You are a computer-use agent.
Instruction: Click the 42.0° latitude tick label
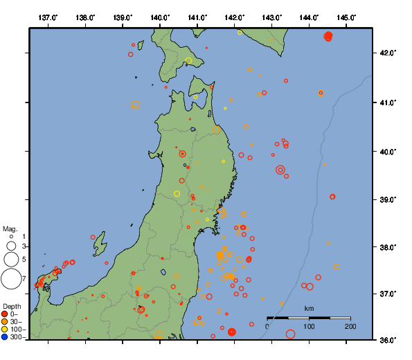pos(388,53)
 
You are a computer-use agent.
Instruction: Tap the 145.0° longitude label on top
pos(347,17)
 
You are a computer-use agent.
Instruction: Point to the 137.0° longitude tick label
pos(48,17)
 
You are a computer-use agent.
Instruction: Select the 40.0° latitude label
pos(388,151)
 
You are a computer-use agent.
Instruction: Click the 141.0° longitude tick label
pos(197,17)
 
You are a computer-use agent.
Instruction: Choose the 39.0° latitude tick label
pos(388,199)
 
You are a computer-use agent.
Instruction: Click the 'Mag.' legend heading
pos(10,228)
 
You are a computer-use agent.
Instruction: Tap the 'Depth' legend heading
pos(12,305)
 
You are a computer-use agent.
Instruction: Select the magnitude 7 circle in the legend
pos(11,279)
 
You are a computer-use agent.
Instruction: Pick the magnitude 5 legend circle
pos(11,259)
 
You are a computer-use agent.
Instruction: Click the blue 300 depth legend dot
pos(5,337)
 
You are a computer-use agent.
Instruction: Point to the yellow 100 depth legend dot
pos(5,330)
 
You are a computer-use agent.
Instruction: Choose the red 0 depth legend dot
pos(5,314)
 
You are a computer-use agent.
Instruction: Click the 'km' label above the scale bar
pos(309,308)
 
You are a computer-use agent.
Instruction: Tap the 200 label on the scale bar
pos(350,326)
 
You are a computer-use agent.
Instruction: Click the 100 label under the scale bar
pos(309,326)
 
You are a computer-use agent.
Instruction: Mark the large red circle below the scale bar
pos(290,334)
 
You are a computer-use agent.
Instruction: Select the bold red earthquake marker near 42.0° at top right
pos(328,36)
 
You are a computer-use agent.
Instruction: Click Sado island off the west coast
pos(100,244)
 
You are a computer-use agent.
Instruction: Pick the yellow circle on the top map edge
pos(240,33)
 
